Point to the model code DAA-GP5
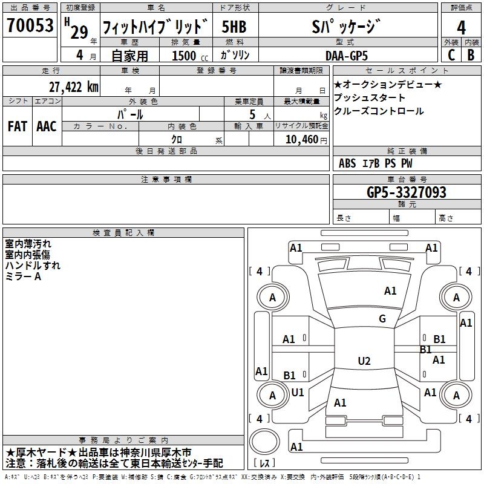355,54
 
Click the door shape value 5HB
234,28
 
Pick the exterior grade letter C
451,54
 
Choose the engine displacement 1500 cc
188,55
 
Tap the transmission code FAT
17,126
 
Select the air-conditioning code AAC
46,126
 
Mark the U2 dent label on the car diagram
364,361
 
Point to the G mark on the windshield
382,319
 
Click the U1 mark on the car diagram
298,392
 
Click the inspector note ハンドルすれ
33,265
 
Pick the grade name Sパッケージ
355,27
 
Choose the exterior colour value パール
130,114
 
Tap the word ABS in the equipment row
347,163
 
